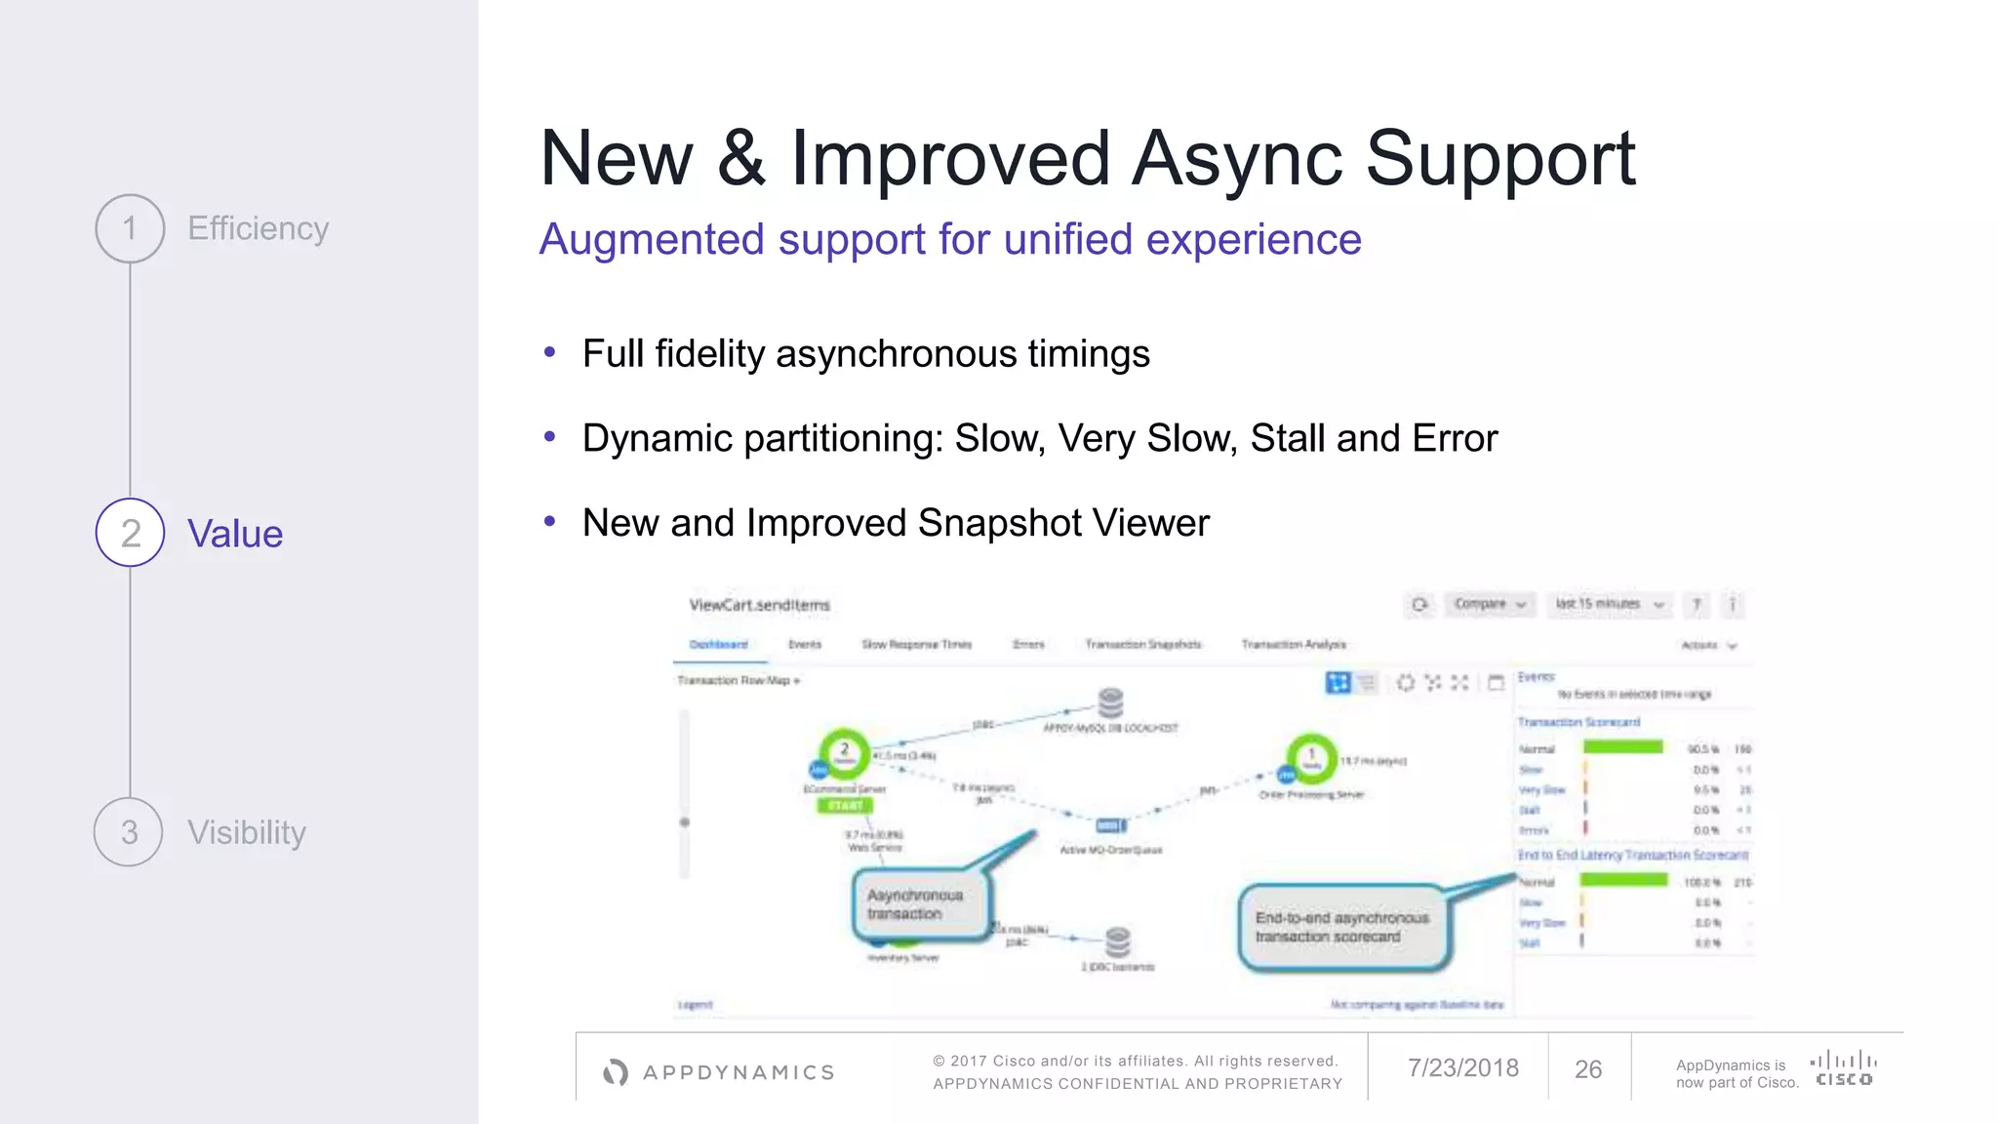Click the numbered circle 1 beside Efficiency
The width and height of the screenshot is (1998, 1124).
130,228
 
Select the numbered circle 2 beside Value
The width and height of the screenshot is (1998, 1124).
130,533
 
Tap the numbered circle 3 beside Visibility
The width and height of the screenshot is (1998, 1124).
129,832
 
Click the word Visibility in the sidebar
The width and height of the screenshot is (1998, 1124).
247,832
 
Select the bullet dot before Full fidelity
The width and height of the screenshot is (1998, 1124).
550,352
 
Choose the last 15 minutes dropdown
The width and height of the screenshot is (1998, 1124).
1609,604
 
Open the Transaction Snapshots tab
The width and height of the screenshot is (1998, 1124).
1143,644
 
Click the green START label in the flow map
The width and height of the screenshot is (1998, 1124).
845,805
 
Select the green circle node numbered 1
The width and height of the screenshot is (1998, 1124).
1312,757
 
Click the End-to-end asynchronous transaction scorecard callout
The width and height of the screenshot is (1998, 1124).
1342,927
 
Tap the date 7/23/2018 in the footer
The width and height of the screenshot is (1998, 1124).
1462,1068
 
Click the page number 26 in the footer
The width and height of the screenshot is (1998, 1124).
1588,1069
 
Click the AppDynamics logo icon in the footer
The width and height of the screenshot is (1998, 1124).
616,1072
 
